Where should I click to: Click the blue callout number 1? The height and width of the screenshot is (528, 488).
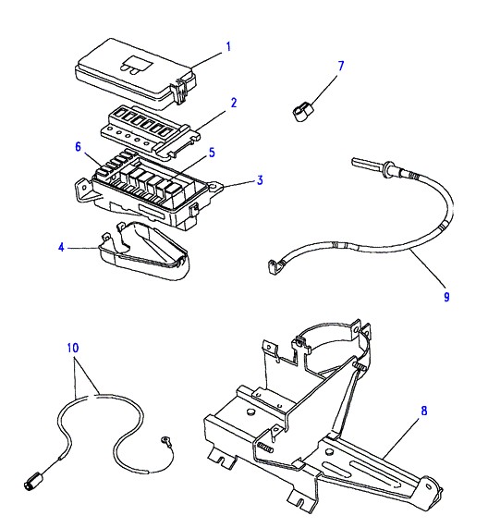[228, 46]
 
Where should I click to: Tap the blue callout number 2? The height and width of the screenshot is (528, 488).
[234, 103]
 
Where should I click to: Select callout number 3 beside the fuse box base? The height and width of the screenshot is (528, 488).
[260, 180]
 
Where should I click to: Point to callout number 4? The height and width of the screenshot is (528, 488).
[61, 248]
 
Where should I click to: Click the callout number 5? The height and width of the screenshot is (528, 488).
[212, 153]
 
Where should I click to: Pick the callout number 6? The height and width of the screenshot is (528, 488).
[78, 147]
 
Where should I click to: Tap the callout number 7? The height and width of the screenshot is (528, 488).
[341, 66]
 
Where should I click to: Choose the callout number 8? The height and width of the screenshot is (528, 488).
[423, 411]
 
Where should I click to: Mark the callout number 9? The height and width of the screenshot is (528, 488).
[446, 297]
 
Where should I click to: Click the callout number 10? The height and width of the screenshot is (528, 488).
[73, 348]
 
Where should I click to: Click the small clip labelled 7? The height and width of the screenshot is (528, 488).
[302, 112]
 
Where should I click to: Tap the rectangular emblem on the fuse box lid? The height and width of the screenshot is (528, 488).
[136, 65]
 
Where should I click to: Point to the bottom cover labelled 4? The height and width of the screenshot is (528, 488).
[145, 251]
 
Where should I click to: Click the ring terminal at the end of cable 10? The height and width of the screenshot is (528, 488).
[166, 439]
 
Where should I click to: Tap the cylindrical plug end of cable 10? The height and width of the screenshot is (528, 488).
[32, 480]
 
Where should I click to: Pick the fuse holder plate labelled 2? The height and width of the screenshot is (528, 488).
[151, 132]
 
